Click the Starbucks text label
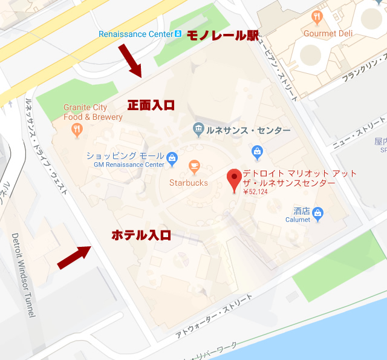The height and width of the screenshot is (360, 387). (188, 182)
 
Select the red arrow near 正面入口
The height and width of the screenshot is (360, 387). (131, 61)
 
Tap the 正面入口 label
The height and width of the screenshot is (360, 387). (151, 105)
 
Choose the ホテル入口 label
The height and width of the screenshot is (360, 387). (141, 235)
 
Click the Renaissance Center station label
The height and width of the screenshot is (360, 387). (136, 34)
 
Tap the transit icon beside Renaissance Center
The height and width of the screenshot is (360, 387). (178, 34)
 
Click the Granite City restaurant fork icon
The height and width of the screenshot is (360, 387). (77, 128)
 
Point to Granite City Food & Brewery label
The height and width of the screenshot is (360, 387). (85, 113)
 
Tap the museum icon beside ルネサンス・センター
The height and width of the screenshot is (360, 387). (198, 128)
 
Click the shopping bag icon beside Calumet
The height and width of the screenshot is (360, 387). (318, 212)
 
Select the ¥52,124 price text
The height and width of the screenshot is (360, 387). (255, 192)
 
